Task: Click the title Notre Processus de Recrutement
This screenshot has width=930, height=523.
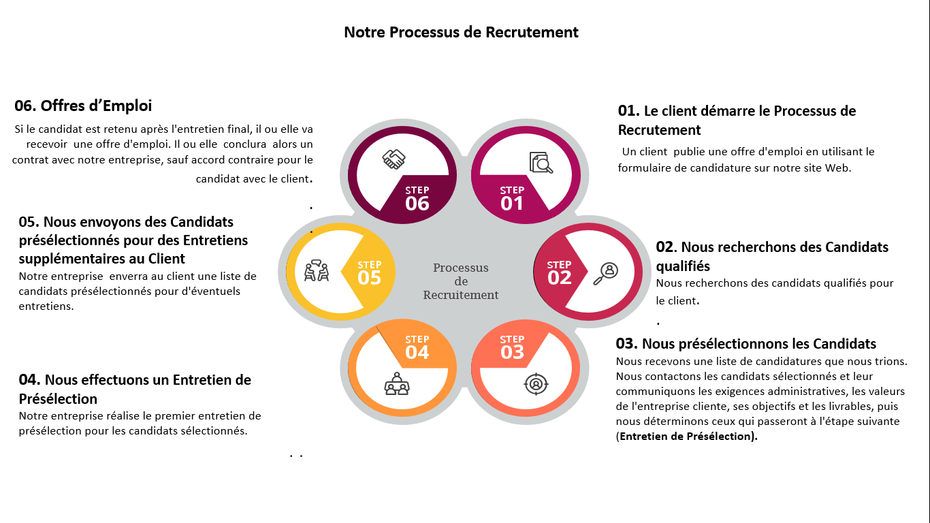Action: pos(461,32)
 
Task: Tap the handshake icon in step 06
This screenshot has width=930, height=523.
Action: pos(394,160)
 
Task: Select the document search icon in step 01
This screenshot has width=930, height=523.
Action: pos(541,162)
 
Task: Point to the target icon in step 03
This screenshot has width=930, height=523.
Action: pos(536,384)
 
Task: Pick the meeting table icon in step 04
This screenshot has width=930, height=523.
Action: pos(396,384)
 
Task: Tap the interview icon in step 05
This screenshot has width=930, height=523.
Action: pos(317,270)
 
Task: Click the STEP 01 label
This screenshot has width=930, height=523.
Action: pos(512,198)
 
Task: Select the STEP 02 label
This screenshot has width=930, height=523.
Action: pos(559,272)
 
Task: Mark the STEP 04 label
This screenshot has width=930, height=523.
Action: pos(417,347)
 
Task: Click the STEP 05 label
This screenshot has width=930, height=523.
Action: pos(369,272)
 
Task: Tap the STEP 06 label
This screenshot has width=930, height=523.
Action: pos(417,198)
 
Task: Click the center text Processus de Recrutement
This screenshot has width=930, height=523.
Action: pos(461,281)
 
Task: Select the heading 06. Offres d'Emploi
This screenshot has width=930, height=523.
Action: pos(83,106)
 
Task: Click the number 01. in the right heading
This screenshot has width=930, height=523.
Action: pos(628,110)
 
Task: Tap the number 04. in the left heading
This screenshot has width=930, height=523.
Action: pos(29,380)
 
